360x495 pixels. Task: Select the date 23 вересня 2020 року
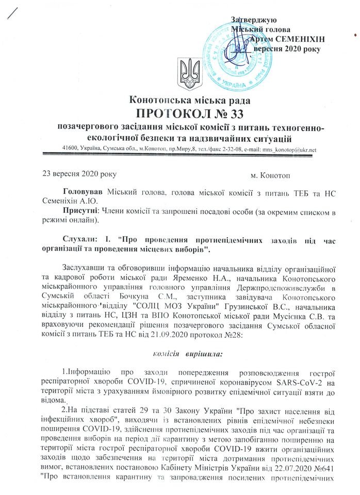point(80,175)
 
